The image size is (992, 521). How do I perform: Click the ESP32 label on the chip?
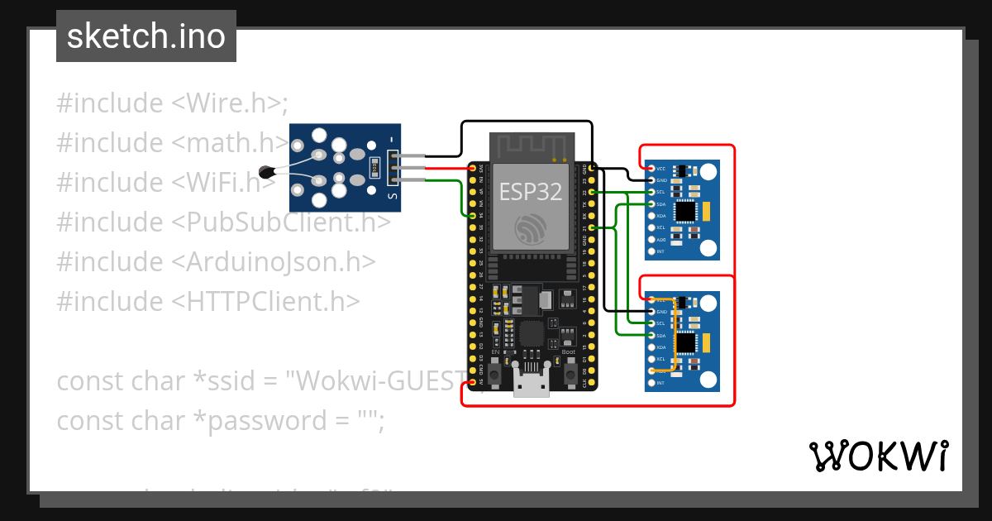tap(531, 192)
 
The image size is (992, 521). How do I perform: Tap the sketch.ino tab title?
tap(146, 36)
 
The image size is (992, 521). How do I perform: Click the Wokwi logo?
tap(879, 456)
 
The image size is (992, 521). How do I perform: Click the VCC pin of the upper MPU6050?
tap(651, 168)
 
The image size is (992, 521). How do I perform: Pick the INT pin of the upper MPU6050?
tap(651, 251)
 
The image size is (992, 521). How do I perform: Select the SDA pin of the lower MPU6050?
tap(651, 336)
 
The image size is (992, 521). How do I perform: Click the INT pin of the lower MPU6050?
tap(651, 383)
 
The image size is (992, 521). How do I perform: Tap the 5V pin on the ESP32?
tap(473, 383)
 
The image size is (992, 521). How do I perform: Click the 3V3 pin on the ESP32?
tap(473, 168)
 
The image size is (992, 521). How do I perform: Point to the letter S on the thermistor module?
tap(393, 197)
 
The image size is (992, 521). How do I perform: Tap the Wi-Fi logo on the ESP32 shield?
tap(531, 227)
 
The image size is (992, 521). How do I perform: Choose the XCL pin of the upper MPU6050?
tap(651, 227)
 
